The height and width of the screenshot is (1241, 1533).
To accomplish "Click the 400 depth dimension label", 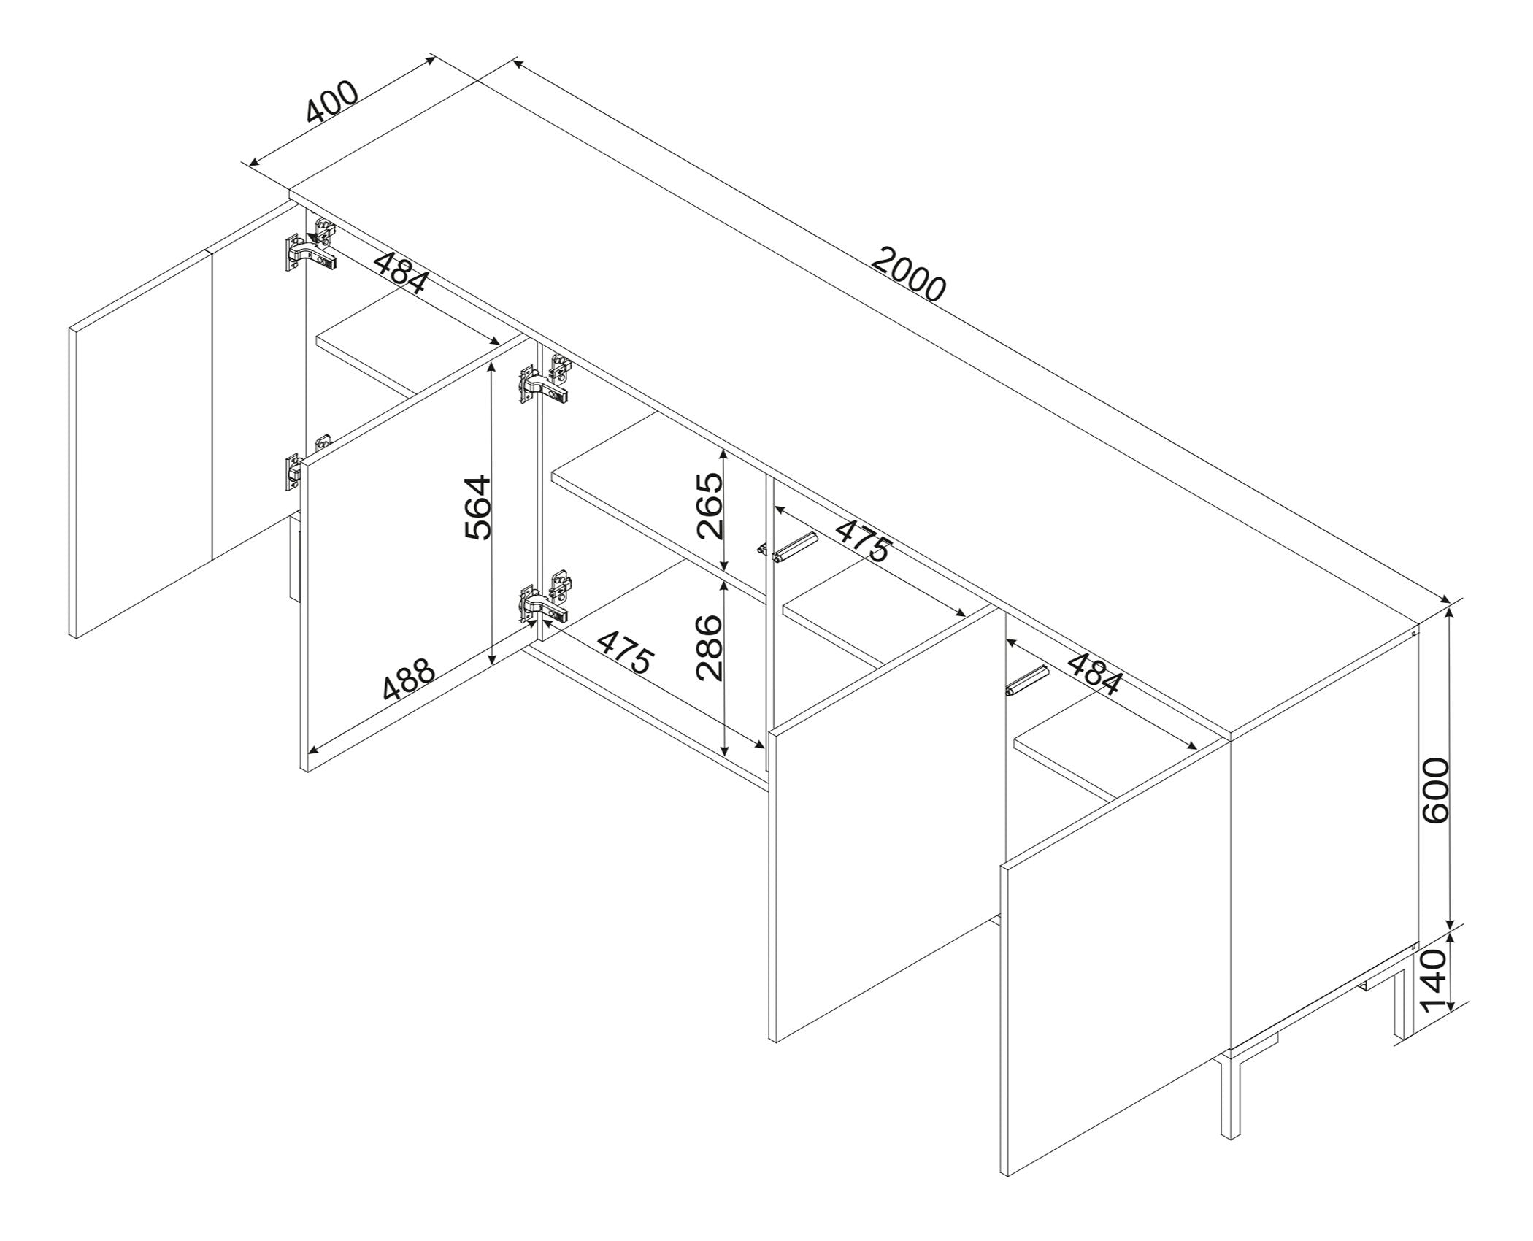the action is (x=333, y=101).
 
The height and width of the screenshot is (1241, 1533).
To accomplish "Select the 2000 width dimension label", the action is (x=909, y=274).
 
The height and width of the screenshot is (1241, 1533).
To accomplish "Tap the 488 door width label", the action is (x=409, y=680).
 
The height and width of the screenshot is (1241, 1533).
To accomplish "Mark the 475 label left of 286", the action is (x=625, y=652).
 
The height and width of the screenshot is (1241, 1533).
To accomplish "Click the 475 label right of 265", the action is (x=864, y=539).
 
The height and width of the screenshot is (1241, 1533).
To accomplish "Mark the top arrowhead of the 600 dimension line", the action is (x=1450, y=615).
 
